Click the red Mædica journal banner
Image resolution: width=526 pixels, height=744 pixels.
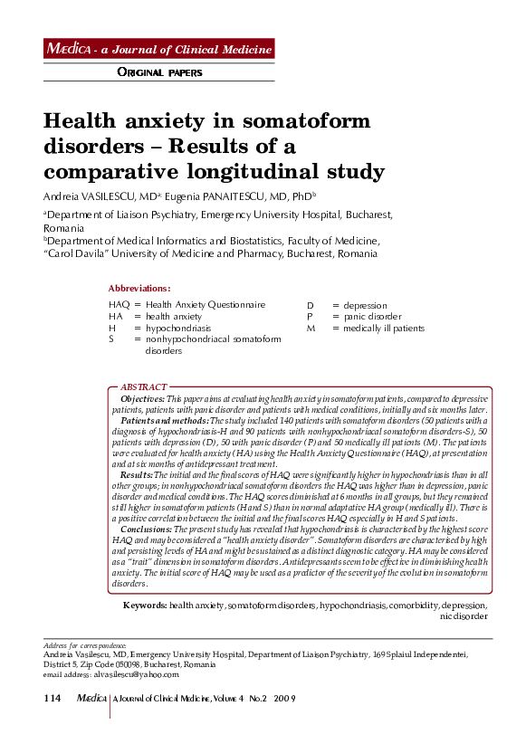tap(158, 49)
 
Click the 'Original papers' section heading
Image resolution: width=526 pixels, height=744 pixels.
tap(160, 72)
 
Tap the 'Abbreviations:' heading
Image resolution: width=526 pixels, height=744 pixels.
tap(139, 288)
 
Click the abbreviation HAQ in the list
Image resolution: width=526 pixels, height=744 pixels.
tap(119, 306)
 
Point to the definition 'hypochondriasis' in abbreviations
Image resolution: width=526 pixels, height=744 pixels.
tap(178, 329)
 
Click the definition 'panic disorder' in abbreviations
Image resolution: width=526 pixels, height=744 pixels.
tap(372, 317)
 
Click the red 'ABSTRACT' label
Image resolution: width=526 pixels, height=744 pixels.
tap(143, 386)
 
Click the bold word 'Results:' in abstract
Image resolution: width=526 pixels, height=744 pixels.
tap(136, 474)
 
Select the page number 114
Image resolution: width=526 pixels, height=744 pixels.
tap(53, 699)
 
